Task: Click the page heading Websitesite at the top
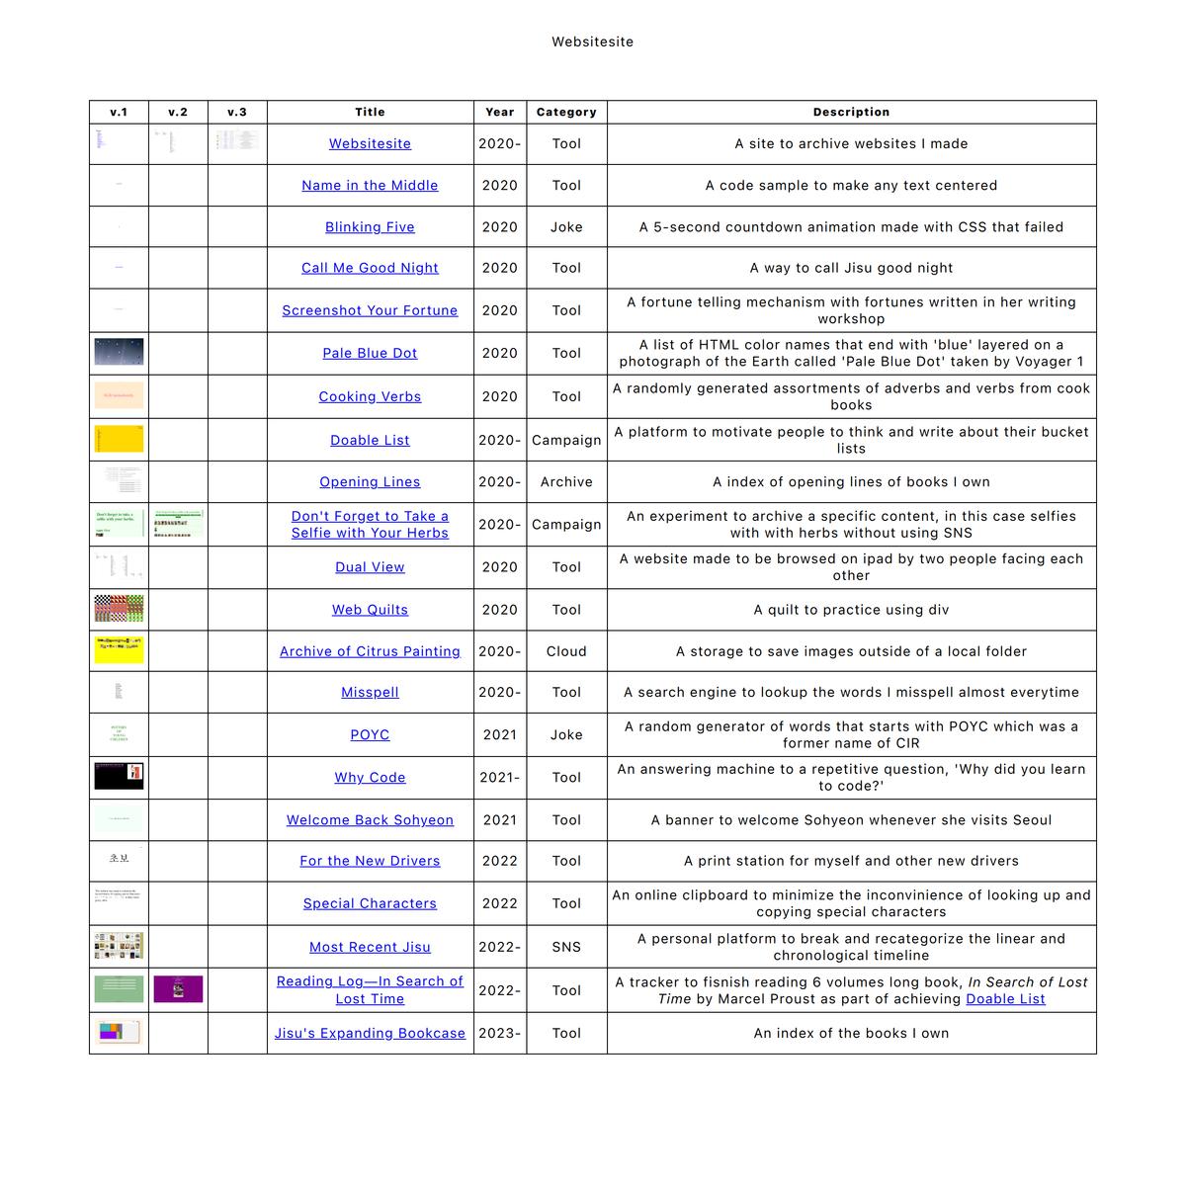592,42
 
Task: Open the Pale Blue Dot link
370,353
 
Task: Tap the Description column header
851,112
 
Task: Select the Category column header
566,112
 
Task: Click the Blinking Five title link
370,226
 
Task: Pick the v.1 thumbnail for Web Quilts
119,609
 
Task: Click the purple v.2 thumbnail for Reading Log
178,989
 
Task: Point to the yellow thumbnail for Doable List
119,439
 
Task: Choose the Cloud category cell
566,651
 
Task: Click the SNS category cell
566,947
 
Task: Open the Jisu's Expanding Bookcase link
370,1033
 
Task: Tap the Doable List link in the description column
1005,998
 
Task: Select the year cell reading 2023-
499,1033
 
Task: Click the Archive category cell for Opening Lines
566,481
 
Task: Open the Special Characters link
370,903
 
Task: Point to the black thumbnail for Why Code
119,776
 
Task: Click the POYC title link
370,734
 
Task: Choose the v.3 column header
237,112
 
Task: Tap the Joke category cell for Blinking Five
566,226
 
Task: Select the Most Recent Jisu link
370,947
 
